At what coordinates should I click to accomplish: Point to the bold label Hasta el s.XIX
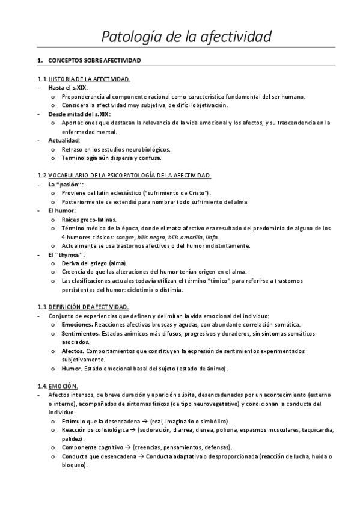click(x=67, y=88)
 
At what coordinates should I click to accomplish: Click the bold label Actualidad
click(x=64, y=140)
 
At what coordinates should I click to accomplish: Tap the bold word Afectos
click(x=73, y=350)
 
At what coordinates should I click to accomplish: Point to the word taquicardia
click(x=317, y=430)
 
